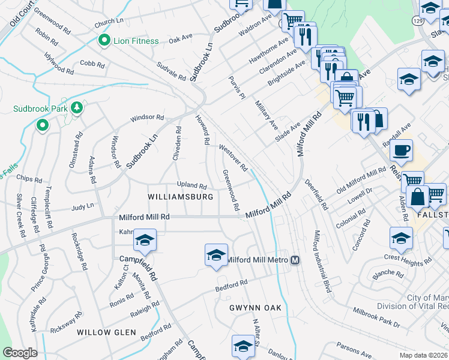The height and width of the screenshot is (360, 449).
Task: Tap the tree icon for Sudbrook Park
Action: [76, 107]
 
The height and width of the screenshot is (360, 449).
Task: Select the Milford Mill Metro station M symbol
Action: [295, 260]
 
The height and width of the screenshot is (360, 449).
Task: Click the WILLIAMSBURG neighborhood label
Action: [181, 197]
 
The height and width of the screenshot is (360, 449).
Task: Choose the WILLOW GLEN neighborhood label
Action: [103, 332]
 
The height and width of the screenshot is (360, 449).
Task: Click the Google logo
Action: [20, 353]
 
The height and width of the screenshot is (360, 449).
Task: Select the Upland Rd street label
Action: [191, 185]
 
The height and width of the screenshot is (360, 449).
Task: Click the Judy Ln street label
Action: [83, 206]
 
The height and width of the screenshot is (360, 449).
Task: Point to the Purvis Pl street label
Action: [237, 88]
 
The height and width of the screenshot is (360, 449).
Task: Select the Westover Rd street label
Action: [234, 157]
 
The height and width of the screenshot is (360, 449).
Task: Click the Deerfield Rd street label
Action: [316, 194]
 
